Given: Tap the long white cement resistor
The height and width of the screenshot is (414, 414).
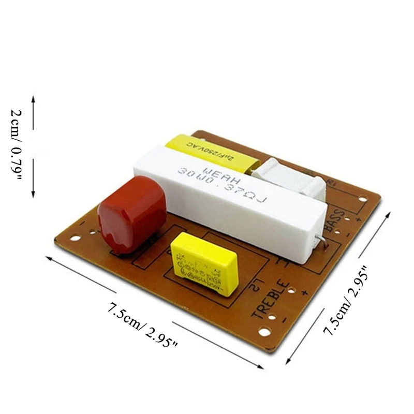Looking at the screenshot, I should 233,191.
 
